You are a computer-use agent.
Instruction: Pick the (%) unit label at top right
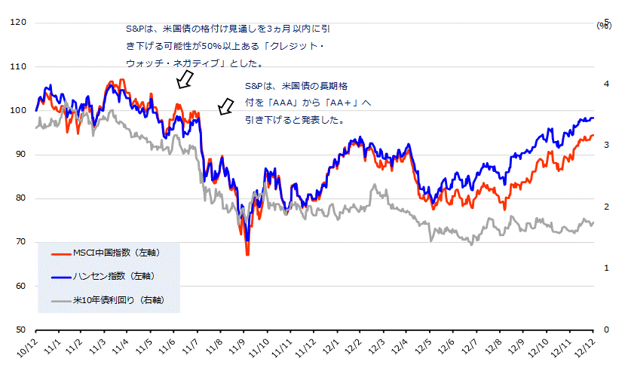point(604,25)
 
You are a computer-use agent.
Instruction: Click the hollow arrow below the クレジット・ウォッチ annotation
point(184,79)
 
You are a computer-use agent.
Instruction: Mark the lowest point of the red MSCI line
point(247,255)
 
